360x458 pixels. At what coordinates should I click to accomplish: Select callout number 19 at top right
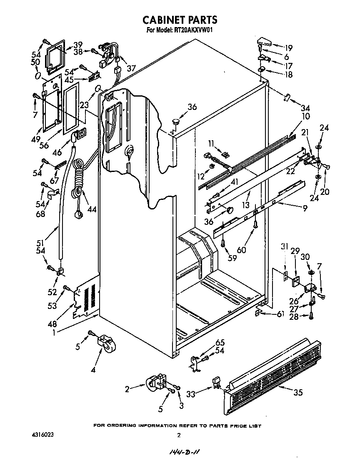[288, 47]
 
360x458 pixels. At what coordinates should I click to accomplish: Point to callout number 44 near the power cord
[92, 209]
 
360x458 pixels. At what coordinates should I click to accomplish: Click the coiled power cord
[78, 179]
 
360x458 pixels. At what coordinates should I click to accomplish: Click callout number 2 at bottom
[127, 389]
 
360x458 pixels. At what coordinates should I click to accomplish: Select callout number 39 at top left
[78, 45]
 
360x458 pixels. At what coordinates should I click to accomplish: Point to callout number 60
[241, 250]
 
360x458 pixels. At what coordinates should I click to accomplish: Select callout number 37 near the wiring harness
[131, 68]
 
